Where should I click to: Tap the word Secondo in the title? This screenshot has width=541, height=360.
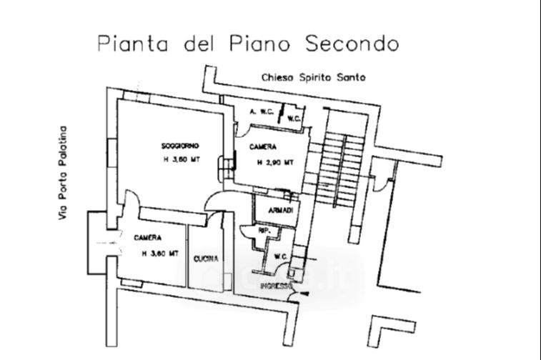pyautogui.click(x=352, y=43)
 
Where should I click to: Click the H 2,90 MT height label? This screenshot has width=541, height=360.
pyautogui.click(x=275, y=162)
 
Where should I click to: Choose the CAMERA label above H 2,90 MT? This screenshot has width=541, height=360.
pyautogui.click(x=263, y=147)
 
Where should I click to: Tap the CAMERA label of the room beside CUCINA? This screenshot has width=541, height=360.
pyautogui.click(x=147, y=237)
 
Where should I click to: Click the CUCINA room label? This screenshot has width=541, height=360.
pyautogui.click(x=206, y=259)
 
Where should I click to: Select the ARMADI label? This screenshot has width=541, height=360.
pyautogui.click(x=280, y=211)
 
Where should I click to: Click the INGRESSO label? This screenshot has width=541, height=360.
pyautogui.click(x=276, y=286)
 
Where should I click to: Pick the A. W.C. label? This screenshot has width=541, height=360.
pyautogui.click(x=258, y=112)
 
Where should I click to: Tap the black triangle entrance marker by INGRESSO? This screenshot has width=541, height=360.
pyautogui.click(x=305, y=294)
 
